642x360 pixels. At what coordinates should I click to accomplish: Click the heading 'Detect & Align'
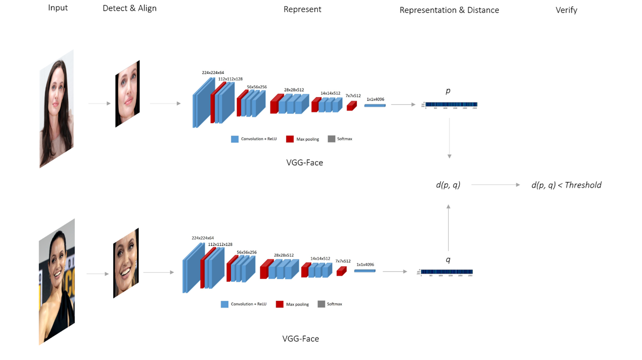pos(129,9)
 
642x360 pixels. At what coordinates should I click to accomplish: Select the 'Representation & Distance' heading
pos(449,10)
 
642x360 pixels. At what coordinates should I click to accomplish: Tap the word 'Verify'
pos(566,10)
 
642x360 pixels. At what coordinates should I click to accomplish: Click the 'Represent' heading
pos(302,9)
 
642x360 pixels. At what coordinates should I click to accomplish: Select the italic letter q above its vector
pos(448,260)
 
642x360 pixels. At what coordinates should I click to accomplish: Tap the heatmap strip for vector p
pos(451,105)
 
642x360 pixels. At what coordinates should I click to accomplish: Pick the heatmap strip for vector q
pos(446,272)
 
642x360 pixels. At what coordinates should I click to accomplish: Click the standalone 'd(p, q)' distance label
pos(448,184)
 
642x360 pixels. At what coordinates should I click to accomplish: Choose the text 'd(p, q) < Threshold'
pos(566,185)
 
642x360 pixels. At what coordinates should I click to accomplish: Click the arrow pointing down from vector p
pos(449,140)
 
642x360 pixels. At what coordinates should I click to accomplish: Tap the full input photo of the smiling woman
pos(57,281)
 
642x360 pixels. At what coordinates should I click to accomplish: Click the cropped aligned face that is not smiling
pos(128,94)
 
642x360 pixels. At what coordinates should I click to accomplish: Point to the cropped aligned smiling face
pos(126,263)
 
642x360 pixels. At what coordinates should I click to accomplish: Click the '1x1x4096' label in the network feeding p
pos(375,99)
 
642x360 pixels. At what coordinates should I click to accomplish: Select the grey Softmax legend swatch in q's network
pos(321,304)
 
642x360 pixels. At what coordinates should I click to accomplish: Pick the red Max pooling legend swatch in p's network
pos(290,139)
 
